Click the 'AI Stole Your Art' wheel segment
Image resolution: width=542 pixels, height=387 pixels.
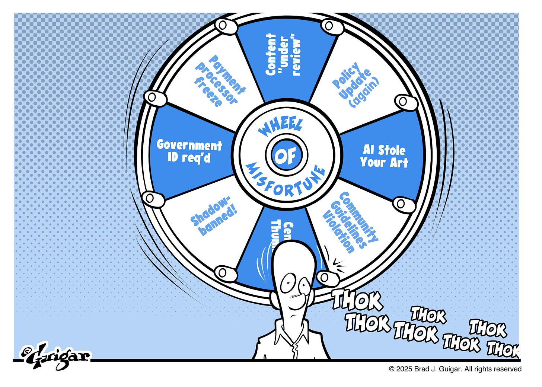point(384,156)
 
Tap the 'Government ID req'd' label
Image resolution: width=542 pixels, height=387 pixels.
point(189,151)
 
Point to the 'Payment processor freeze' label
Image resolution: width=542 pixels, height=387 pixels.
point(220,81)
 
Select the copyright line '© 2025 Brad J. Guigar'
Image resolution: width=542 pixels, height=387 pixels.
point(455,369)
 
